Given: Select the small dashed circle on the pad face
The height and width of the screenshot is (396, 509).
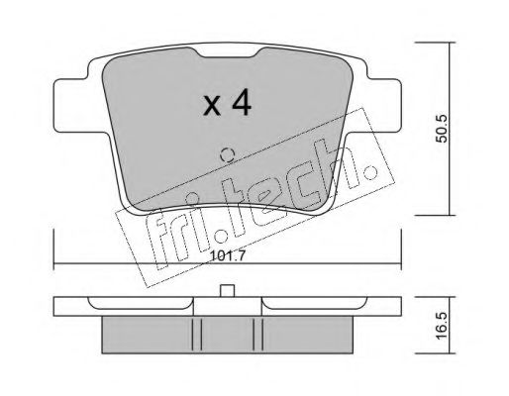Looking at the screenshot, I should [x=226, y=154].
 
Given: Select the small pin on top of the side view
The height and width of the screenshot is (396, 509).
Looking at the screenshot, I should [x=226, y=292].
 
